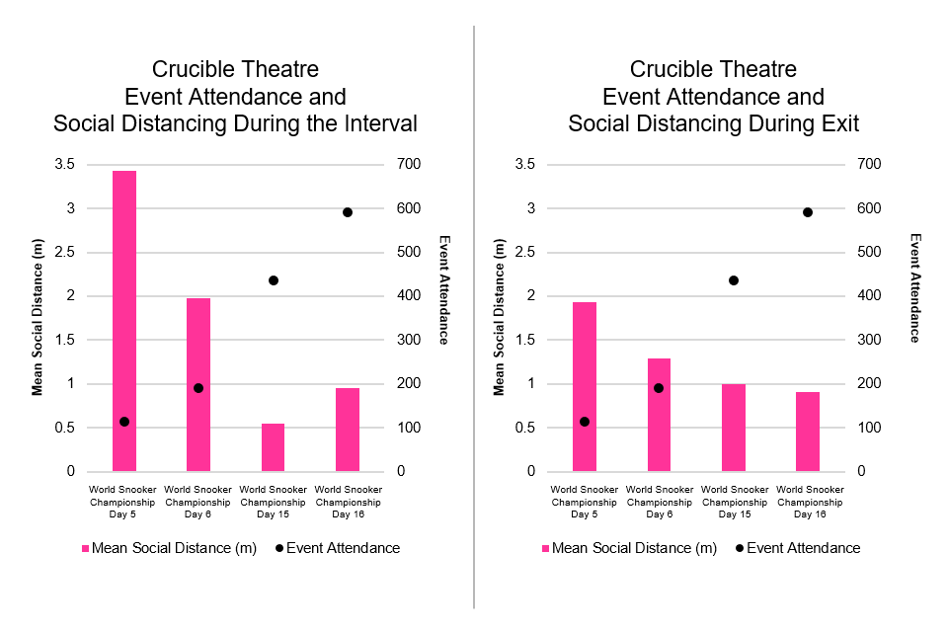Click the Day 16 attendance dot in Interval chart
348,212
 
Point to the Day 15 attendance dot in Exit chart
734,280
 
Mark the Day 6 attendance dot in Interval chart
198,388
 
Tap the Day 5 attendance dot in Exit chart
585,422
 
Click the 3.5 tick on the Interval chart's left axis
63,165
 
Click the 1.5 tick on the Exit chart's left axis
525,340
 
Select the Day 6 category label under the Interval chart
198,502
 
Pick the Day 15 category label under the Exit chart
734,502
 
